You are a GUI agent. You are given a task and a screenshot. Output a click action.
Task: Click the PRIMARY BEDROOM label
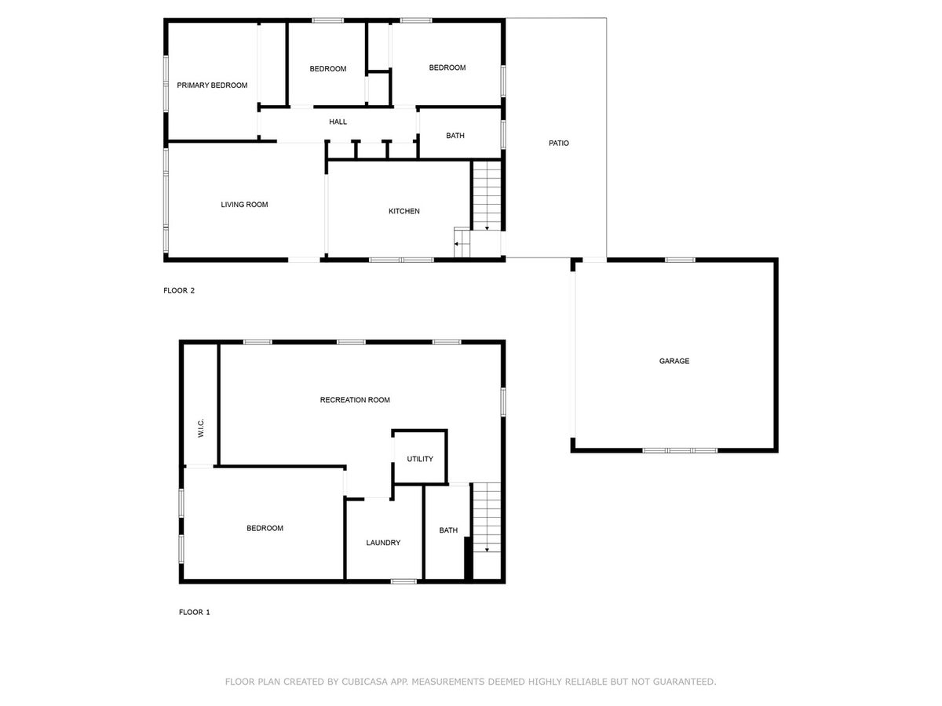click(212, 86)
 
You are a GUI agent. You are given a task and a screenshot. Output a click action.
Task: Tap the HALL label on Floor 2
click(338, 122)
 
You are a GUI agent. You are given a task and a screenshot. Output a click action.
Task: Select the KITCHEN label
click(403, 211)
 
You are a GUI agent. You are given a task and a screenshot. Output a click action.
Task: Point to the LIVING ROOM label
click(244, 205)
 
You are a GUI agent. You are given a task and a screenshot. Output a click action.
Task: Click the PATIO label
click(558, 144)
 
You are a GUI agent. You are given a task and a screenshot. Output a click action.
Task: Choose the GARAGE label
click(674, 361)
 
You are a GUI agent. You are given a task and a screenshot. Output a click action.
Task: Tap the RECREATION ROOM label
click(355, 400)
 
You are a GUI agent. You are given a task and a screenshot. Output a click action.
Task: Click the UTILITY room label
click(420, 459)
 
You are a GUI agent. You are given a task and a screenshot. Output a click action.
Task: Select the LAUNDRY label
click(383, 543)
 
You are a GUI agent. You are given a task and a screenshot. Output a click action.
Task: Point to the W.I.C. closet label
click(201, 428)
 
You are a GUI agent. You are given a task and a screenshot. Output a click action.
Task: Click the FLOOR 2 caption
click(179, 290)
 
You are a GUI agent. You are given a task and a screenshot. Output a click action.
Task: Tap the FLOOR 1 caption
click(195, 612)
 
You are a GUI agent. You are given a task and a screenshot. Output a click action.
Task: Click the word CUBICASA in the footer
click(364, 682)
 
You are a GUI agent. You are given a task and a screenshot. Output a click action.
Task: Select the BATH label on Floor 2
click(455, 136)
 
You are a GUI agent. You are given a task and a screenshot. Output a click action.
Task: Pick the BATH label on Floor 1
click(448, 530)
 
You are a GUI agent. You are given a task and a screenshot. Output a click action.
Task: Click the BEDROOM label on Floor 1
click(265, 528)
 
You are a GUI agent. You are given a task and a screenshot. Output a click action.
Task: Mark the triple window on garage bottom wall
click(680, 450)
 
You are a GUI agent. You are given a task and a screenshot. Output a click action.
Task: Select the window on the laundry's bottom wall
click(403, 582)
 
